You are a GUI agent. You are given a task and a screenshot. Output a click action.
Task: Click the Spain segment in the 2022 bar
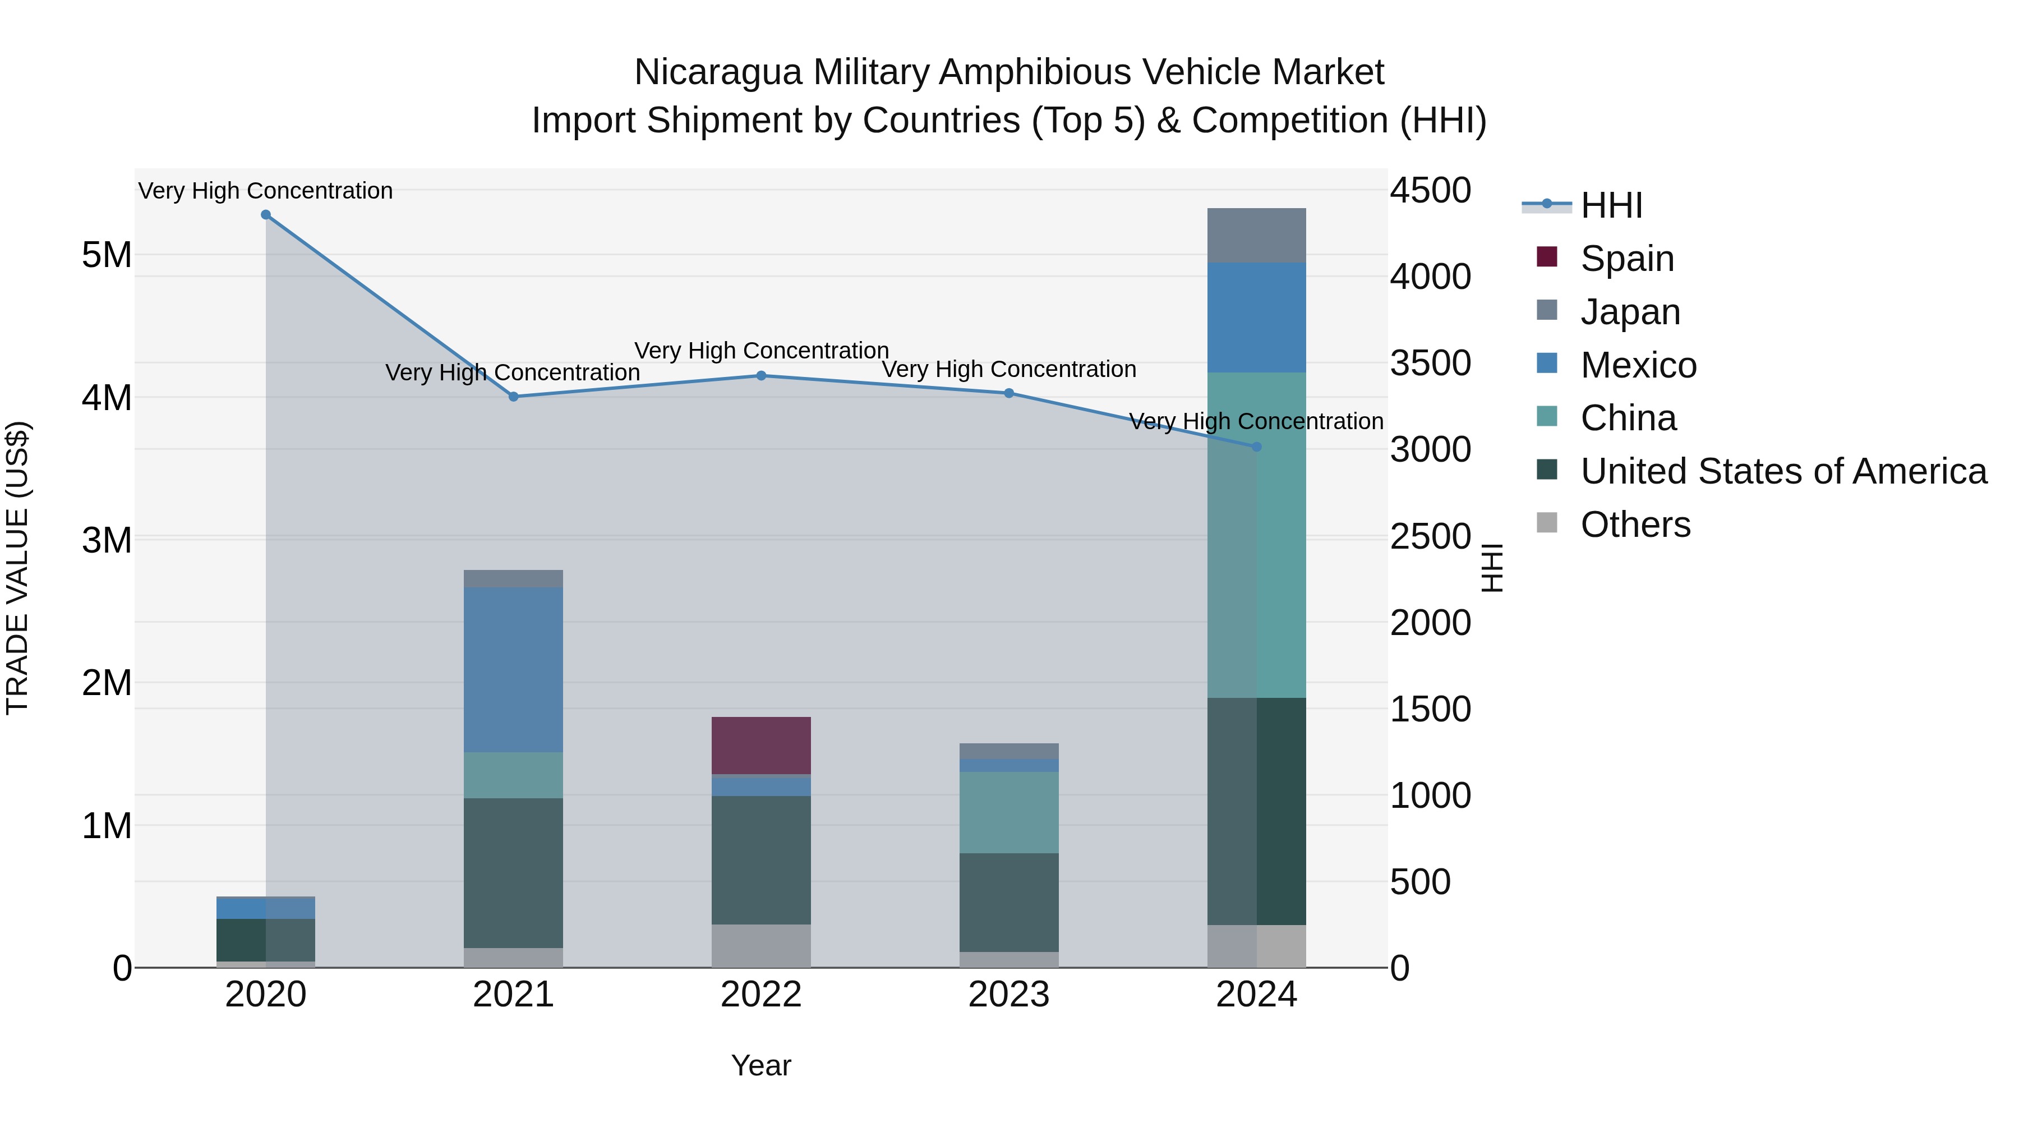click(760, 745)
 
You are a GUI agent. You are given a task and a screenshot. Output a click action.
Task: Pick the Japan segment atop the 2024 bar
click(1256, 235)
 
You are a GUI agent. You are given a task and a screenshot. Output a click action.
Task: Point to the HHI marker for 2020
click(266, 215)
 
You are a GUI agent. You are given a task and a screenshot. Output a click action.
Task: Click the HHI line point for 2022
click(760, 375)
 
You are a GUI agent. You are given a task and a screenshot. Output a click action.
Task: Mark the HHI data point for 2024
click(1256, 447)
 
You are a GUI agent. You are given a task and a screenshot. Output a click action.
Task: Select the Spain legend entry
click(1626, 259)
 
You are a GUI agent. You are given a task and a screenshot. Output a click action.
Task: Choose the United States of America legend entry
click(1783, 471)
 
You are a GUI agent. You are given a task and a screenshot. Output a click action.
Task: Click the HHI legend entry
click(1611, 205)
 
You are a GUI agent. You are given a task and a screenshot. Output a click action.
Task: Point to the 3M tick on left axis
click(107, 540)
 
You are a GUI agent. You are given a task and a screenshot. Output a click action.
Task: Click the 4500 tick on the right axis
click(1430, 191)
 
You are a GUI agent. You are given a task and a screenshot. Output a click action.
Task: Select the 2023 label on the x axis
click(1009, 995)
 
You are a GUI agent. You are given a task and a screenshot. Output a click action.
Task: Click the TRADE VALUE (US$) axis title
click(17, 568)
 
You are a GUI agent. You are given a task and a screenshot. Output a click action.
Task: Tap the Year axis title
click(760, 1065)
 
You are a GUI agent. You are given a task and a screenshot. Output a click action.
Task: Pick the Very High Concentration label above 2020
click(266, 191)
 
